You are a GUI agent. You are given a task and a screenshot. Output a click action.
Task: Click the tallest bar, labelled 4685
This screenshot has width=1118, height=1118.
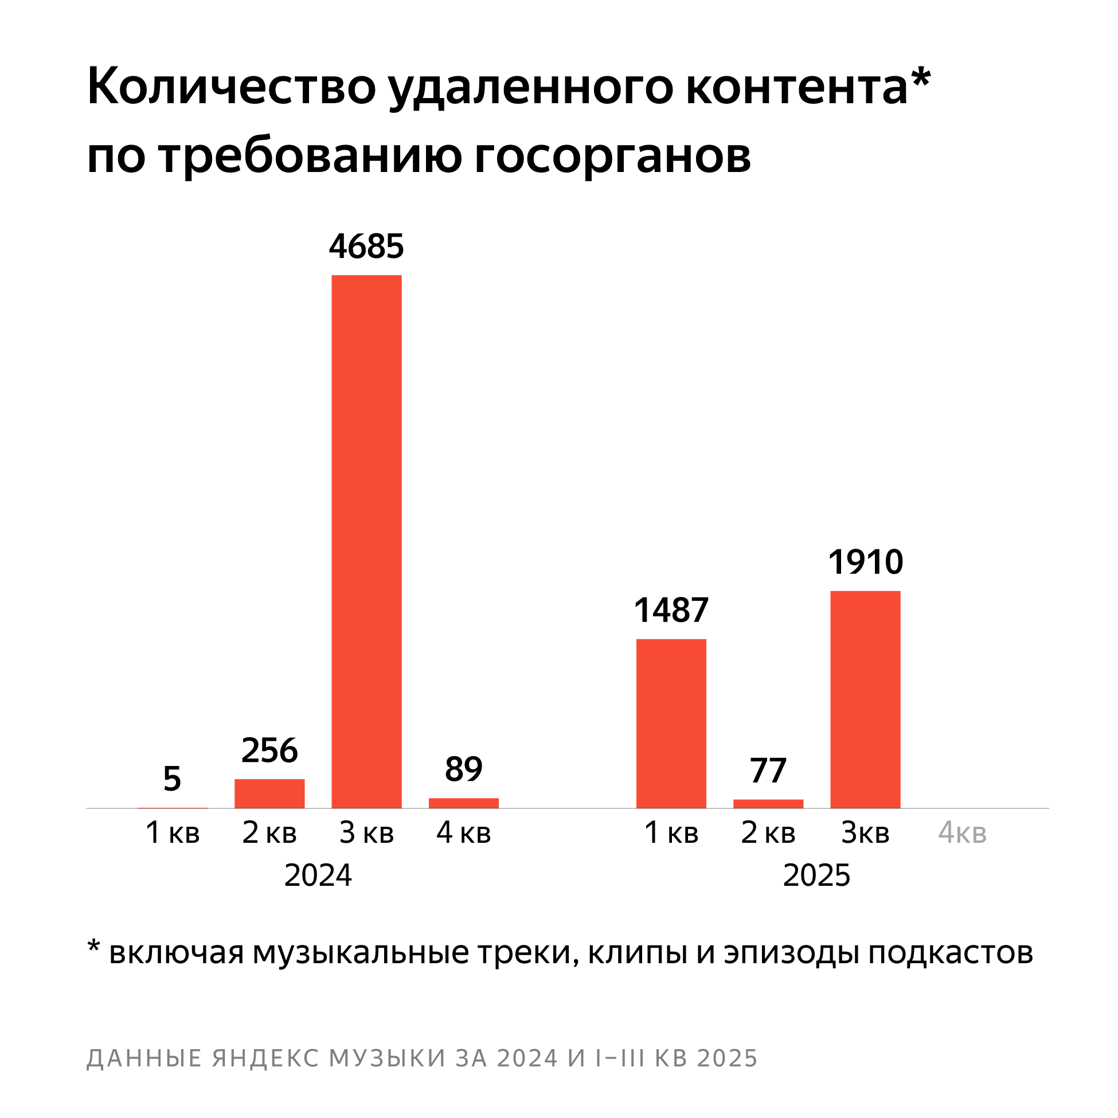(366, 541)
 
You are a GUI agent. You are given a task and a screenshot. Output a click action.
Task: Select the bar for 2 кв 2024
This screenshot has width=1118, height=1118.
(269, 793)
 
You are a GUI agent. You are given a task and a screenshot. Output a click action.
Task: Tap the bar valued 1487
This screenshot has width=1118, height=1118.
(671, 724)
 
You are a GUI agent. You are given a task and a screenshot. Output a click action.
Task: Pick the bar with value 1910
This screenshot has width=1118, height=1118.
(865, 699)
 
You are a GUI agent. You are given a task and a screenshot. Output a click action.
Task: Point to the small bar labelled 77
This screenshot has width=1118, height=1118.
(768, 804)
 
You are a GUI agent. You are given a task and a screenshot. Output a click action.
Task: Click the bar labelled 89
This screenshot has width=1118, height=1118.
(463, 803)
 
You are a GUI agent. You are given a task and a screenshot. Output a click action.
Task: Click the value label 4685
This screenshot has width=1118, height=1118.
(366, 247)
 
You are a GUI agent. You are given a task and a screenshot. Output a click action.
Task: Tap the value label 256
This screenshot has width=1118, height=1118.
(269, 750)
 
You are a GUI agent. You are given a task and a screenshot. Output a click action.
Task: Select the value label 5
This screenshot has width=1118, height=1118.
(172, 779)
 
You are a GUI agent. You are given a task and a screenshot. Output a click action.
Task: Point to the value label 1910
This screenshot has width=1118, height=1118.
(865, 562)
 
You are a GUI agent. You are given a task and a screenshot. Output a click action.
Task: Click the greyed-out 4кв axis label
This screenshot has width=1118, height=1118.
(961, 833)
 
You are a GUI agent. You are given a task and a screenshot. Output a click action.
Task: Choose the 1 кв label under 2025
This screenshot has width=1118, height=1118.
(671, 833)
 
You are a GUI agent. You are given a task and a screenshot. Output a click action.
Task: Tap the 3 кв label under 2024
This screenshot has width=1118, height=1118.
(366, 833)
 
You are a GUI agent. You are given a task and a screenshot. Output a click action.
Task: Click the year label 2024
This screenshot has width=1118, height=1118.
(318, 875)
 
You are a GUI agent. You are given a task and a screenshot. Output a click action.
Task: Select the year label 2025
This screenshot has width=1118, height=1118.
(816, 875)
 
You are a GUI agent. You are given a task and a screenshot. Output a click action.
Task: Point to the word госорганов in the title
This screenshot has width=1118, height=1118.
(612, 157)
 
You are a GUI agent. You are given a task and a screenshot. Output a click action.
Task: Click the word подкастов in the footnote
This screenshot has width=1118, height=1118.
(950, 953)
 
